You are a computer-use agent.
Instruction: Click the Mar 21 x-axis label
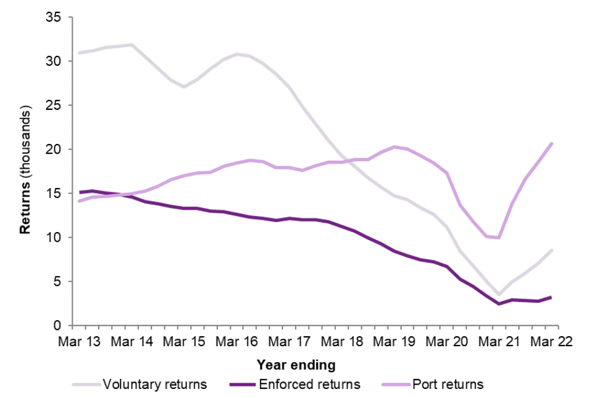point(499,342)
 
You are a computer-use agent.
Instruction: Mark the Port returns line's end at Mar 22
point(551,143)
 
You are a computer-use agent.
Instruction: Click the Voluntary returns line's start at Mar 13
point(80,53)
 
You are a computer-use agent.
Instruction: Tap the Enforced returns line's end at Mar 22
point(551,297)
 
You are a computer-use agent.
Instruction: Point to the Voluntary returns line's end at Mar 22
point(551,250)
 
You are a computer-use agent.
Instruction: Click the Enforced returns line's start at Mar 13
point(80,192)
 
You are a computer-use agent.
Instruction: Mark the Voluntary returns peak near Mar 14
point(132,45)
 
